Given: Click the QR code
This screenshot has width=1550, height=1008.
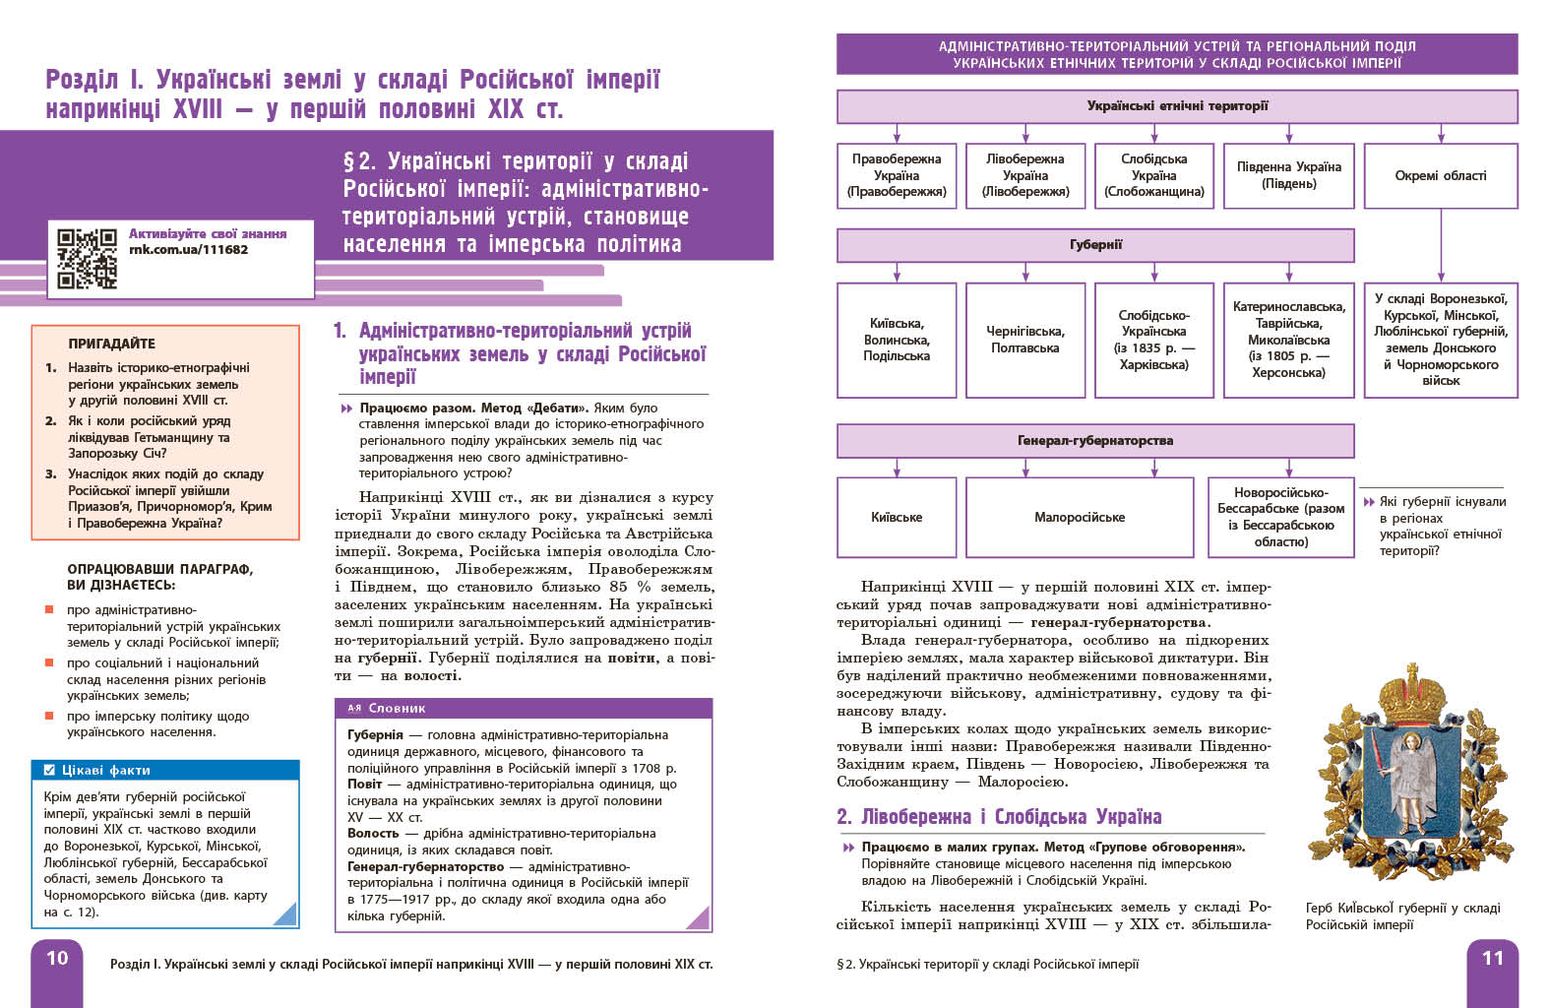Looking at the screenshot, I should [x=87, y=258].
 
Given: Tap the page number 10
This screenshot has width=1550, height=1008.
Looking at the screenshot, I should [x=57, y=958].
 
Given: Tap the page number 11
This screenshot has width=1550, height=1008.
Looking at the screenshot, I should [x=1492, y=958].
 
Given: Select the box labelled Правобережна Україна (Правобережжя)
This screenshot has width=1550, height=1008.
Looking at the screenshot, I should [x=896, y=175].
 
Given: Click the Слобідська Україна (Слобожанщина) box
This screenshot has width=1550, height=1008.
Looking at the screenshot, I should [x=1153, y=175].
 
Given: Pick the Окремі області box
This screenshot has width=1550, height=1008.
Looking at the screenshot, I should [x=1440, y=175].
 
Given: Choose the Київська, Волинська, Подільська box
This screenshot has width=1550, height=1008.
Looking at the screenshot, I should [x=896, y=340].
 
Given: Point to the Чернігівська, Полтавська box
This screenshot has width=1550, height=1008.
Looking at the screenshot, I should [x=1024, y=340].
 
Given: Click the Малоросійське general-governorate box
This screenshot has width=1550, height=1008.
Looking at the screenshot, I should [x=1079, y=517].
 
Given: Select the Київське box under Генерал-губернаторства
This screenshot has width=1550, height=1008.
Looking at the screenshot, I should [x=896, y=517].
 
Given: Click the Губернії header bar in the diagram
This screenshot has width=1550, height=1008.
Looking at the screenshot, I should [x=1094, y=245].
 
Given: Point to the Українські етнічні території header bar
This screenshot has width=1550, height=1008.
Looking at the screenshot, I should [x=1176, y=106].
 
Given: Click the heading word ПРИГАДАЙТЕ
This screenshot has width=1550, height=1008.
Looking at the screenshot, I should [x=111, y=344].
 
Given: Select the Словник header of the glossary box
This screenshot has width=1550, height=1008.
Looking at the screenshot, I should [x=397, y=708].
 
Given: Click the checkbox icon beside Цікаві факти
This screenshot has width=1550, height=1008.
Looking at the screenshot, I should [x=49, y=770].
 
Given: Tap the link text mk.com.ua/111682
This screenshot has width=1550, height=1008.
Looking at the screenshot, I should [x=188, y=250].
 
